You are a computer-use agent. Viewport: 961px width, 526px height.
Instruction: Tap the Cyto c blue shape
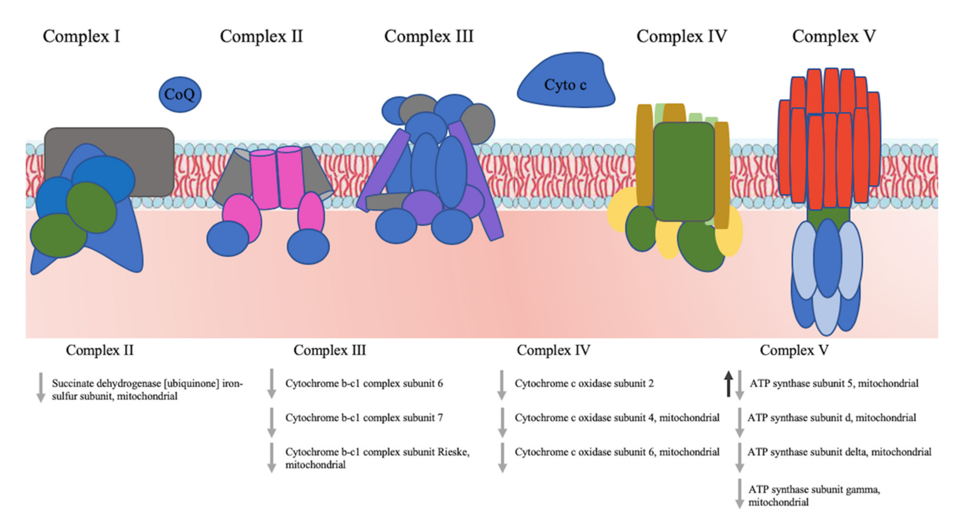[565, 85]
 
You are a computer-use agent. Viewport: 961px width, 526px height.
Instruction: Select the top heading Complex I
[81, 36]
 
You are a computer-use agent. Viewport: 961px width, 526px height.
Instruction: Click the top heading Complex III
[429, 36]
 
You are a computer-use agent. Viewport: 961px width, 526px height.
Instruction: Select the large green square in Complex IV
[684, 172]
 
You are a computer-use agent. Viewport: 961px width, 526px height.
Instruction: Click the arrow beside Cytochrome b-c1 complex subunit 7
[272, 422]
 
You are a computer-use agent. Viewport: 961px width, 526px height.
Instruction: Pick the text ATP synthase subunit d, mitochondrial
[831, 418]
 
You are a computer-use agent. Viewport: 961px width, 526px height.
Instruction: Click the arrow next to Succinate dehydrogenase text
[41, 387]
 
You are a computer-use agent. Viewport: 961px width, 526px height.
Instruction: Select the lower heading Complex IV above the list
[553, 350]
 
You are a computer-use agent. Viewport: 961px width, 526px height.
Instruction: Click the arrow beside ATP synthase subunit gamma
[739, 494]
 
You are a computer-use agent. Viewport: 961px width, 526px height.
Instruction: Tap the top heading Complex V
[834, 36]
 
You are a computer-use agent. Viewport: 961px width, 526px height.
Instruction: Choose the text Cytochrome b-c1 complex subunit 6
[364, 383]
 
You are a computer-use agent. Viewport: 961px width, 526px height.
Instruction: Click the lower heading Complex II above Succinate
[100, 350]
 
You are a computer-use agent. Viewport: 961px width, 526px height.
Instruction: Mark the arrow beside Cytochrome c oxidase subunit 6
[502, 458]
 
